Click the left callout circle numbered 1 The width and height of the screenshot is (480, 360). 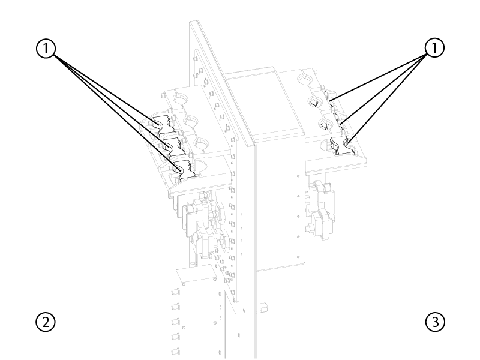click(46, 49)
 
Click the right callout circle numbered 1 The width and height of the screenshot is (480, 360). click(434, 48)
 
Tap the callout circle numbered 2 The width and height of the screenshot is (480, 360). click(46, 322)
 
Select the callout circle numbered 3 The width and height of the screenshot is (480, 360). click(435, 322)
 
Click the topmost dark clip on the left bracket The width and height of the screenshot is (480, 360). click(164, 125)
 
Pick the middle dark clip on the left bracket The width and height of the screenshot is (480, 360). click(173, 147)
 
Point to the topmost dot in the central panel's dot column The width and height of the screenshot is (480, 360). click(298, 176)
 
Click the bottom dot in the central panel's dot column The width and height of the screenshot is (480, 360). click(298, 257)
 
